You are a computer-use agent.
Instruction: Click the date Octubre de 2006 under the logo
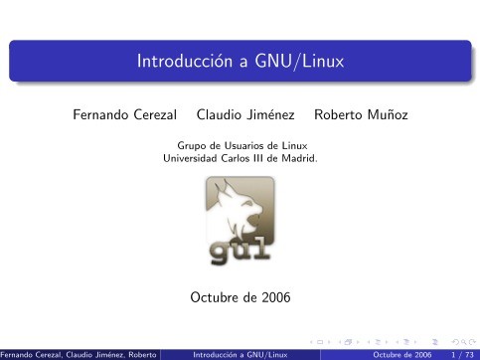click(x=240, y=297)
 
